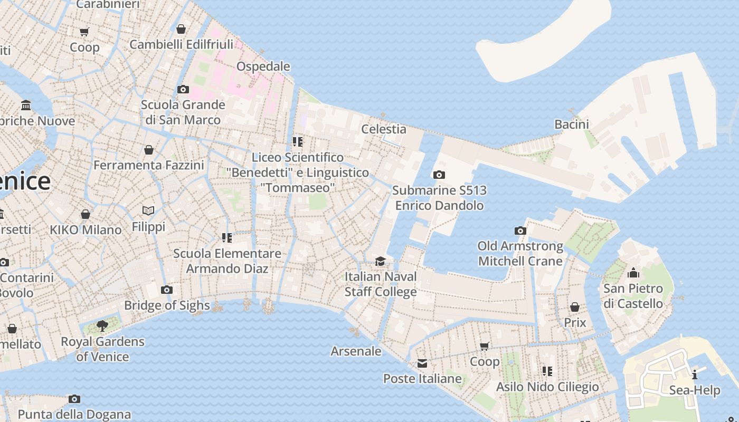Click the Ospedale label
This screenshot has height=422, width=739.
tap(263, 66)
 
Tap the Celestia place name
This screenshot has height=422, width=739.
tap(384, 129)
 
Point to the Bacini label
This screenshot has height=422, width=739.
tap(572, 124)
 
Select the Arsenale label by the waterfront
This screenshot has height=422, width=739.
tap(356, 351)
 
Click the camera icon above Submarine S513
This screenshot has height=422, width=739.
tap(439, 175)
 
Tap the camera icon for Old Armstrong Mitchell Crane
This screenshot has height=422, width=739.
tap(520, 231)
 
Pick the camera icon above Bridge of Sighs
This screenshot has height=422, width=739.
tap(167, 290)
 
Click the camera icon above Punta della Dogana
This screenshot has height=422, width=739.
tap(74, 399)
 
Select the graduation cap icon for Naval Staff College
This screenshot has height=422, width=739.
tap(380, 262)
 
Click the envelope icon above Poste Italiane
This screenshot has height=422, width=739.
tap(422, 363)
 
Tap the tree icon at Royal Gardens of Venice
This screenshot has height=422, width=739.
tap(102, 326)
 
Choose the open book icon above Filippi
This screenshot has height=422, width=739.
tap(148, 211)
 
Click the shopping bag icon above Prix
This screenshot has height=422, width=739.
tap(575, 307)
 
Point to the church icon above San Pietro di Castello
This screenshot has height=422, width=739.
tap(633, 273)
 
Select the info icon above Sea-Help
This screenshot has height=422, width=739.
tap(695, 375)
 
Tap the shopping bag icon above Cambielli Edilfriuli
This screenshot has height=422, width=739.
tap(181, 29)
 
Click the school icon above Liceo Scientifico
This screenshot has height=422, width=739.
tap(298, 142)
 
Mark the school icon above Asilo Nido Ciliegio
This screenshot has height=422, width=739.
tap(547, 371)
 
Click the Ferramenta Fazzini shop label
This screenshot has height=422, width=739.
tap(148, 166)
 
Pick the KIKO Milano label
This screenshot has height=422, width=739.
tap(86, 230)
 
